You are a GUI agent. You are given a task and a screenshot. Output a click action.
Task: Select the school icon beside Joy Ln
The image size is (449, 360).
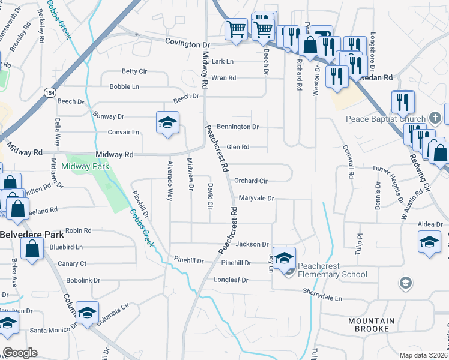(285, 257)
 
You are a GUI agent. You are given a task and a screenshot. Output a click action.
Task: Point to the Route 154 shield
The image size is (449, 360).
(49, 92)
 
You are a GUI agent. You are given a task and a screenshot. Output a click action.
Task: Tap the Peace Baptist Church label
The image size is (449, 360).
(385, 119)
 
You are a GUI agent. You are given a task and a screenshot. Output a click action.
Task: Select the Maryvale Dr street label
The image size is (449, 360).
(256, 198)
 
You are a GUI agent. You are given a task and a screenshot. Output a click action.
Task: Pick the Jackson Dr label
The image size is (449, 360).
(252, 244)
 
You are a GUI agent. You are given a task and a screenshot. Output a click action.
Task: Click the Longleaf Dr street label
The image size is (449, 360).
(231, 280)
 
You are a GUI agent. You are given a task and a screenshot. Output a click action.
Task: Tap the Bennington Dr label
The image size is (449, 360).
(237, 127)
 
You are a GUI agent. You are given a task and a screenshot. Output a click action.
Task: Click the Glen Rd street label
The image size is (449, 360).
(238, 147)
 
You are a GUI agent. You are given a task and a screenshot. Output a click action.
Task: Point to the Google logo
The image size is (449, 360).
(20, 353)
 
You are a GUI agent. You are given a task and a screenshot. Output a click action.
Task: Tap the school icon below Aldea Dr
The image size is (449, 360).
(429, 242)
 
